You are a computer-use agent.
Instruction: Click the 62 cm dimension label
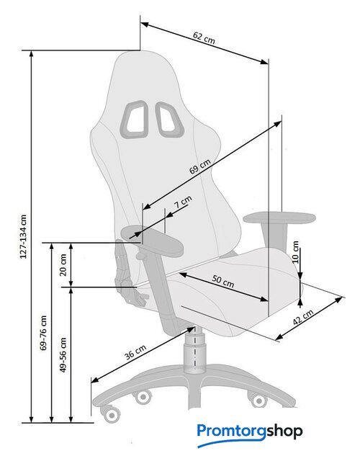click(204, 37)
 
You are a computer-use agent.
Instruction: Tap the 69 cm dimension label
click(200, 166)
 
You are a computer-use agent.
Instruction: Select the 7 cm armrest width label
click(183, 202)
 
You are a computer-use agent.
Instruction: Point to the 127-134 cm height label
click(24, 237)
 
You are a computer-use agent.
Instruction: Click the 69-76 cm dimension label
click(43, 333)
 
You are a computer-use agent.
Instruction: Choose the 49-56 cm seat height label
click(63, 355)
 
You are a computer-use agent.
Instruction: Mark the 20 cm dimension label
click(63, 265)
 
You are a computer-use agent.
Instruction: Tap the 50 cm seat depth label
click(223, 282)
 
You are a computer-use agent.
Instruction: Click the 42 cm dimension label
click(303, 317)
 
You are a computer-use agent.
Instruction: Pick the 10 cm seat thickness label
click(295, 252)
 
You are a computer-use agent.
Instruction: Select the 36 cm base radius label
click(135, 352)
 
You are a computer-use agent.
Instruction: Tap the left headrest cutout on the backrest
click(134, 120)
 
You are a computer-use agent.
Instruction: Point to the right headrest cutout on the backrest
click(170, 119)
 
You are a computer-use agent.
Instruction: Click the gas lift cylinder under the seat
click(194, 350)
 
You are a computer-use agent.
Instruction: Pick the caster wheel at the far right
click(258, 400)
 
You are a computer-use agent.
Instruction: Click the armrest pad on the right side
click(279, 218)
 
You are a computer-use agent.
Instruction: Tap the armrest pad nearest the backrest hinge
click(152, 240)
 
